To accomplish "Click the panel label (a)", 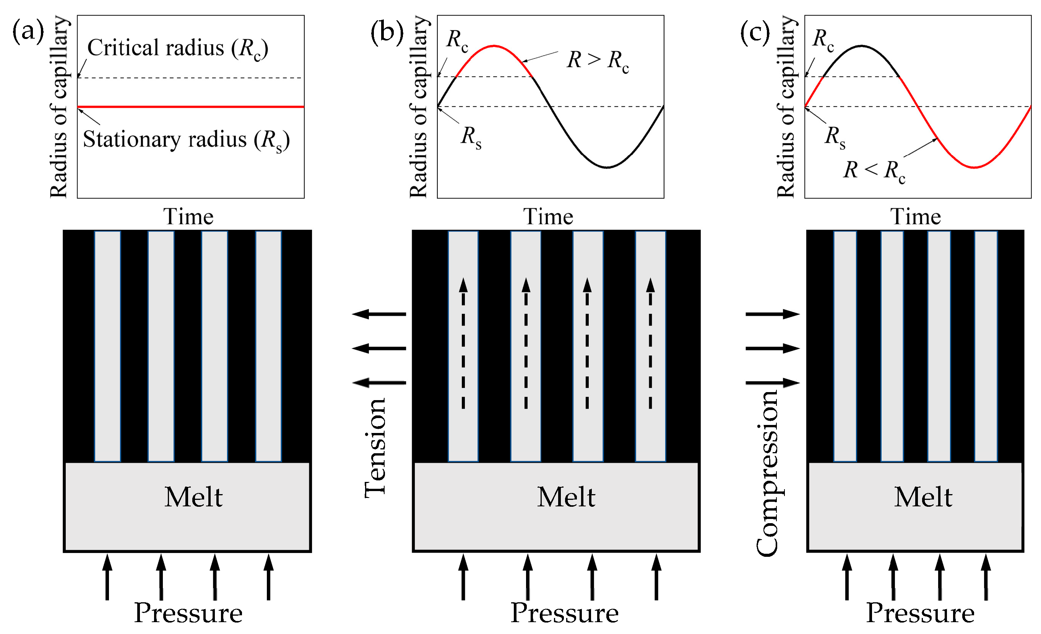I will point(28,32).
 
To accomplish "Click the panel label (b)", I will point(387,32).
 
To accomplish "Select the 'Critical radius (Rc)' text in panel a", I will point(177,48).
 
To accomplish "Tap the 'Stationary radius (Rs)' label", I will point(186,140).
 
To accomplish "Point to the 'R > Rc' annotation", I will point(598,60).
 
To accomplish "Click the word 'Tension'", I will point(375,448).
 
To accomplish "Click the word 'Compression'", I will point(767,473).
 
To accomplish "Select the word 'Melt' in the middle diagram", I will point(566,497).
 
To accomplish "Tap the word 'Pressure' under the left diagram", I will point(188,613).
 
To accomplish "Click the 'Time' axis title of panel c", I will point(916,217).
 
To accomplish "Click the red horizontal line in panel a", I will point(190,107).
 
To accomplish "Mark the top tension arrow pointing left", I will point(378,314).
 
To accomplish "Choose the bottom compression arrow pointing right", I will point(773,383).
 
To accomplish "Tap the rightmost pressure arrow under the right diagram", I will point(986,577).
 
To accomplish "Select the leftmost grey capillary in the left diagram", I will point(107,346).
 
